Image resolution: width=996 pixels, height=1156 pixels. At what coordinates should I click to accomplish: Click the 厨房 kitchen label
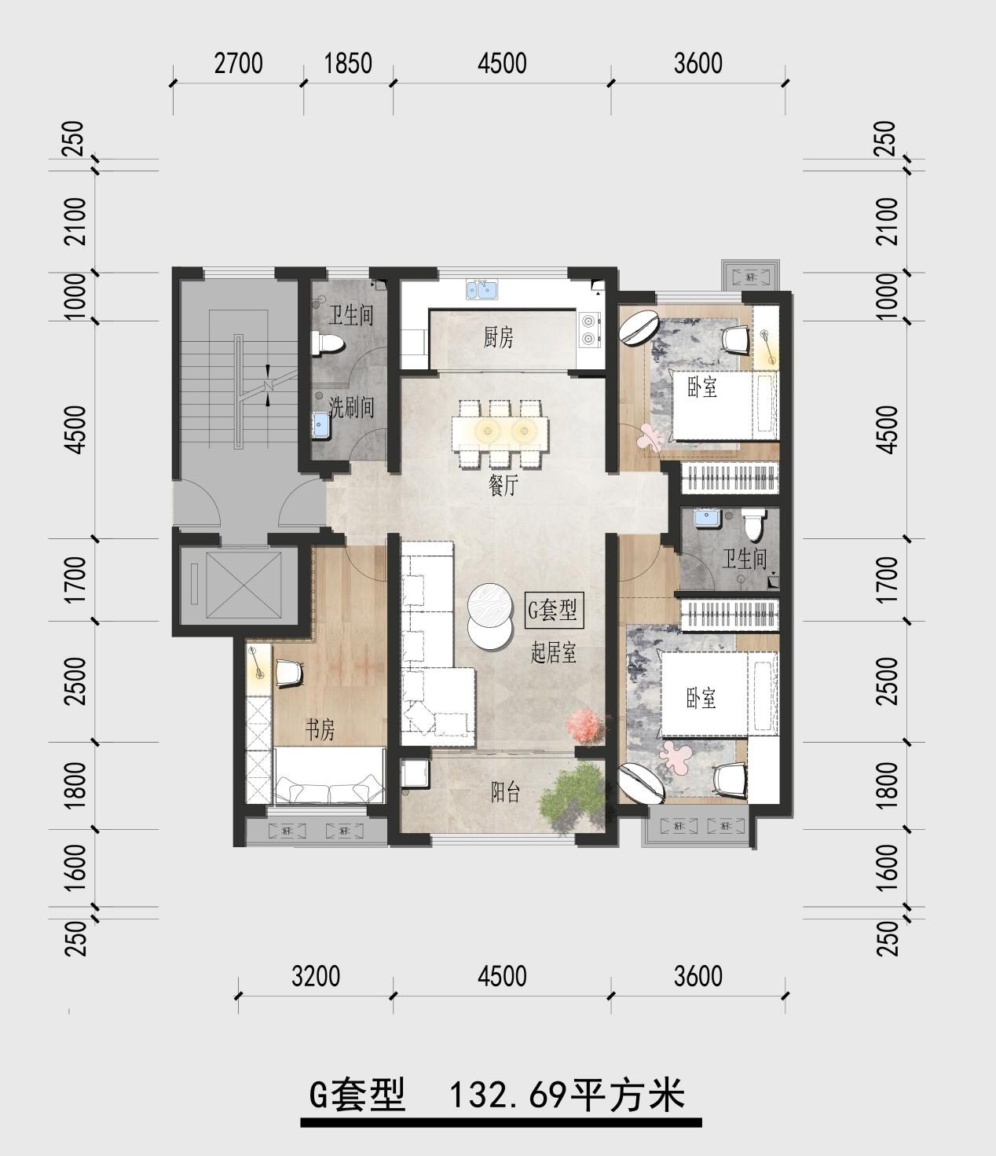[x=498, y=338]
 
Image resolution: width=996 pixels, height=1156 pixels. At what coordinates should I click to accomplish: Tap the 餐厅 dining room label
[x=503, y=486]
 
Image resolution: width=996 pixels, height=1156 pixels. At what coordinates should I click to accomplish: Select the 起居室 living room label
[x=553, y=653]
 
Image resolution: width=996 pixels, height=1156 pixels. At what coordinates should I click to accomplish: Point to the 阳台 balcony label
[x=505, y=792]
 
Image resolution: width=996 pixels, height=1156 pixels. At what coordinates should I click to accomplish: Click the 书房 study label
[x=320, y=729]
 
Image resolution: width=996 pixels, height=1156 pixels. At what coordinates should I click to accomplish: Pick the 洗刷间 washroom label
[x=352, y=407]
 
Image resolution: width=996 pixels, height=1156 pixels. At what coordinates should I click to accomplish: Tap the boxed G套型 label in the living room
[x=553, y=610]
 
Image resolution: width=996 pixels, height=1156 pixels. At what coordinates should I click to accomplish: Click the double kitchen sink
[x=482, y=290]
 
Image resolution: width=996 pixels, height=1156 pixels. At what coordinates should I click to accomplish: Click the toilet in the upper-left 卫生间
[x=328, y=343]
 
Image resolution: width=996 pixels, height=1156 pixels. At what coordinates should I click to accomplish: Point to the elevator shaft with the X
[x=244, y=585]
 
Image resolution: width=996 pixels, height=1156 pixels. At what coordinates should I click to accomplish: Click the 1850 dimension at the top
[x=348, y=63]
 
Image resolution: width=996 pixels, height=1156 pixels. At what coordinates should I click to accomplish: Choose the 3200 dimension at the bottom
[x=316, y=977]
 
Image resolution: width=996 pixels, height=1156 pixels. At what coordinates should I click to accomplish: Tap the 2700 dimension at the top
[x=238, y=63]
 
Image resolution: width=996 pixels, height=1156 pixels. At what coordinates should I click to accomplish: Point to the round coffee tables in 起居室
[x=490, y=616]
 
